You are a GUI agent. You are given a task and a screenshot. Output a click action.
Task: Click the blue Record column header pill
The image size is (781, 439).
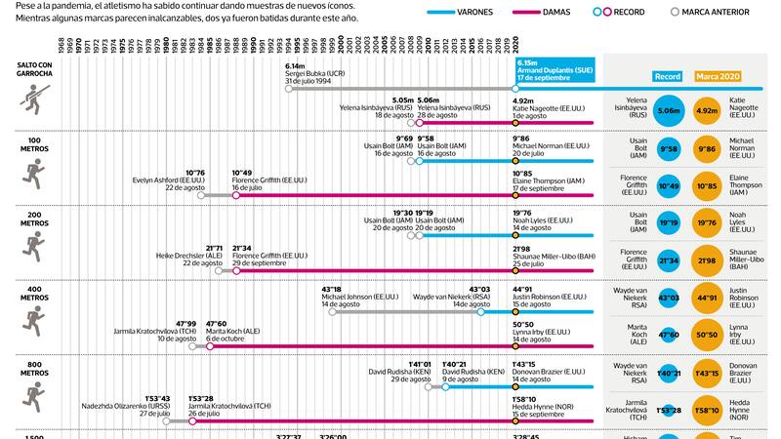pyautogui.click(x=668, y=76)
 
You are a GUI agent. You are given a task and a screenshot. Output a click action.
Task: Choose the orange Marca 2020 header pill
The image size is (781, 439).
pyautogui.click(x=723, y=76)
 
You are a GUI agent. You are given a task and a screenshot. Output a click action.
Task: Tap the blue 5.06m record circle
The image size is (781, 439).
pyautogui.click(x=669, y=111)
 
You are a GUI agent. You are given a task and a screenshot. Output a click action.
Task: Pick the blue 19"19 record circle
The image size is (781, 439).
pyautogui.click(x=669, y=223)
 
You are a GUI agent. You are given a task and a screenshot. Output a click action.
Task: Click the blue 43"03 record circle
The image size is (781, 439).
pyautogui.click(x=669, y=297)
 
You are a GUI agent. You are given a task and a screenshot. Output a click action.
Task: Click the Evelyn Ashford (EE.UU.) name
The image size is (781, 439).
pyautogui.click(x=172, y=181)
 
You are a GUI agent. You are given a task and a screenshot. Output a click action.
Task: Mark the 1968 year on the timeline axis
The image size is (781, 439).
pyautogui.click(x=62, y=45)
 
